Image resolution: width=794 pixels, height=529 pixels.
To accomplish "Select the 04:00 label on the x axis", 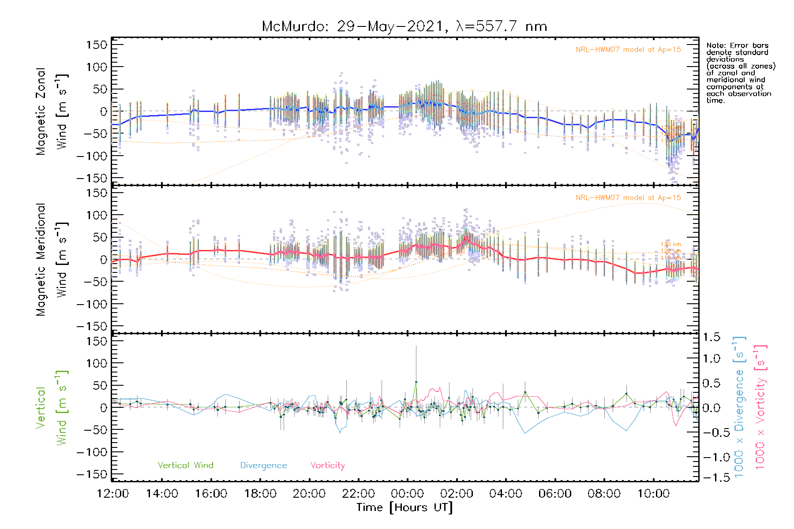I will click(x=506, y=494).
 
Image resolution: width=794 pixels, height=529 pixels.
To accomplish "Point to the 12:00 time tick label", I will click(x=113, y=494).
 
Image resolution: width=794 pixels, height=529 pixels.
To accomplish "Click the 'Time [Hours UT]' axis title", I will click(x=404, y=508).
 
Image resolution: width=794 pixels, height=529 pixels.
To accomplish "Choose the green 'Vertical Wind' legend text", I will click(x=185, y=466).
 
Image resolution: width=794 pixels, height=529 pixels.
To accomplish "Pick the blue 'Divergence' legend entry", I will click(x=263, y=466).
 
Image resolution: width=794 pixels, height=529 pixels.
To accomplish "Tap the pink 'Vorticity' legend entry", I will click(x=327, y=466).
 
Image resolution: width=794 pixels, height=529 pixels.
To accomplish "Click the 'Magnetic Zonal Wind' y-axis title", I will click(x=52, y=111).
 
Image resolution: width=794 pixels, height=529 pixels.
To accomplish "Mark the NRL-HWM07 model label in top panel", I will click(x=628, y=50).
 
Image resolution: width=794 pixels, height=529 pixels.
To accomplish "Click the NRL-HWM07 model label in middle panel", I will click(x=628, y=198).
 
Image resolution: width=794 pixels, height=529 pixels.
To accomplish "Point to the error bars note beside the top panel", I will click(x=740, y=73).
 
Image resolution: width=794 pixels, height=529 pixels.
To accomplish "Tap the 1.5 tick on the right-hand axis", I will click(x=711, y=338).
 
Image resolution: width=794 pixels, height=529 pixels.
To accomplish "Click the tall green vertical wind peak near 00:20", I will click(x=416, y=382).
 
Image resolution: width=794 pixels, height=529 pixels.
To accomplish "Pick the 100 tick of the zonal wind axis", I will click(x=97, y=67).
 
